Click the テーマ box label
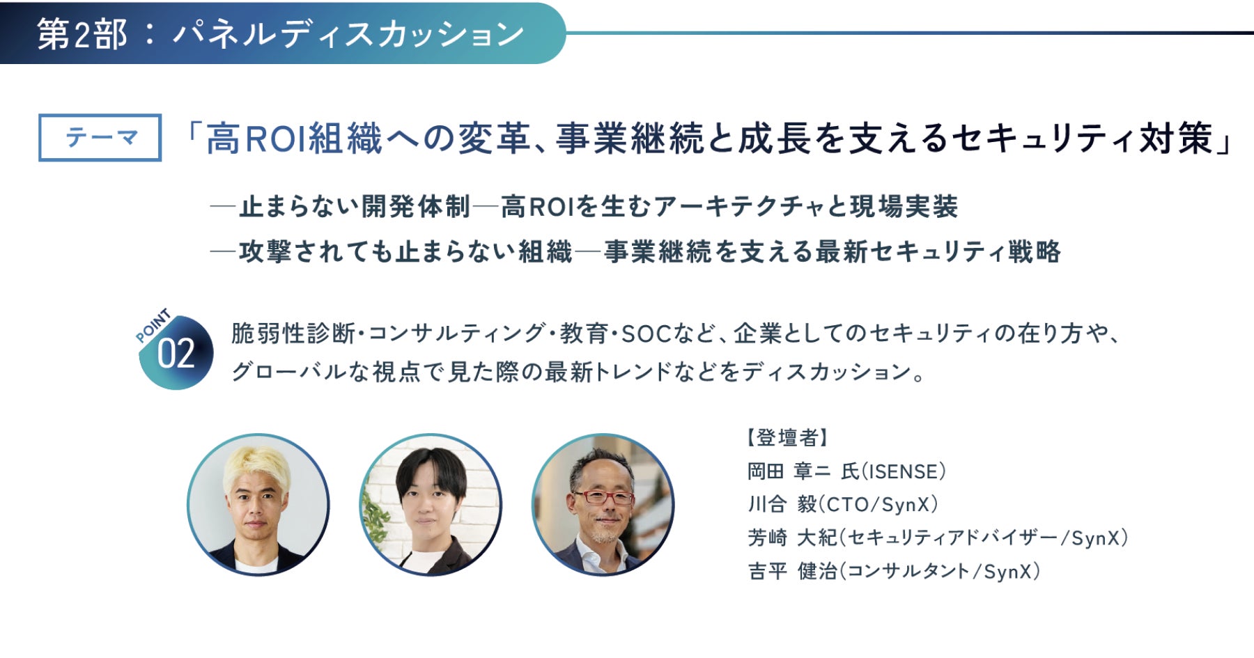(100, 137)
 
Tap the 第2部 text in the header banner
(82, 34)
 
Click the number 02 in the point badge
(176, 354)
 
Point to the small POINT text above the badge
(153, 325)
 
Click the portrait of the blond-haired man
(258, 505)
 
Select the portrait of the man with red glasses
(603, 505)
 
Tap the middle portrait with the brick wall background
(431, 505)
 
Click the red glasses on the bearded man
(603, 497)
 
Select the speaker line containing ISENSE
(847, 471)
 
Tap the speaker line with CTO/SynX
(843, 504)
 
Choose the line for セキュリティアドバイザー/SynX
(938, 538)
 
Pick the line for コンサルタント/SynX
(894, 571)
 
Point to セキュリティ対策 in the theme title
(1082, 138)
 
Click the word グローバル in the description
(288, 372)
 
